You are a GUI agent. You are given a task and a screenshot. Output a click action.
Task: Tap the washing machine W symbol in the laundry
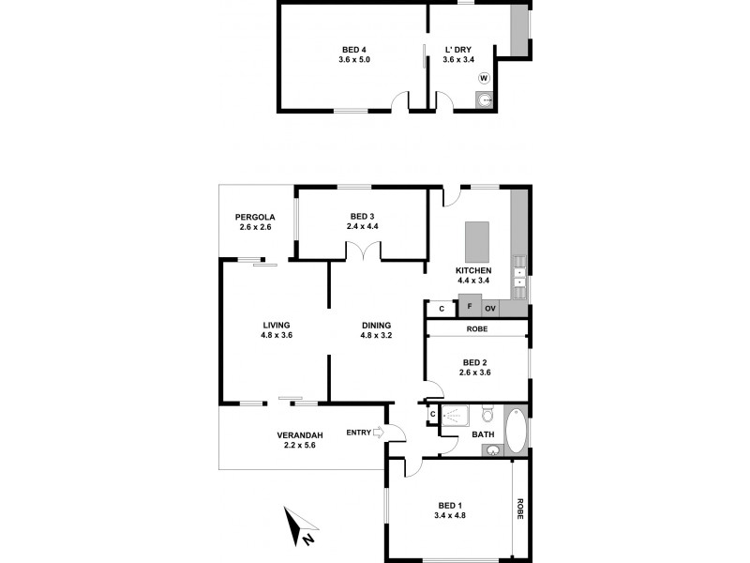(484, 79)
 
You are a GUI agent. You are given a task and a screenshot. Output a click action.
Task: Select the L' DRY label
(459, 50)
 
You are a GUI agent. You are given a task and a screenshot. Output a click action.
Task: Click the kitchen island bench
(477, 242)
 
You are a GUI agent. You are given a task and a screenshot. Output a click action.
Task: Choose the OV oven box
(489, 308)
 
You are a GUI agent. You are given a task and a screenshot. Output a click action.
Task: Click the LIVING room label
(276, 326)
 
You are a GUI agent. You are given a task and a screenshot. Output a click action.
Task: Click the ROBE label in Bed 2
(477, 329)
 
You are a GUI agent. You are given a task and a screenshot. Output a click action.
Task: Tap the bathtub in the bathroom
(516, 430)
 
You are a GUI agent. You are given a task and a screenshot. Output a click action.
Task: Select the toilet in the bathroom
(486, 415)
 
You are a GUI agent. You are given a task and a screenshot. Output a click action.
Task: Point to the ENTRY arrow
(378, 432)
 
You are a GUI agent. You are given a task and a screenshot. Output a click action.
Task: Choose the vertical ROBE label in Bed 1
(519, 509)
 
